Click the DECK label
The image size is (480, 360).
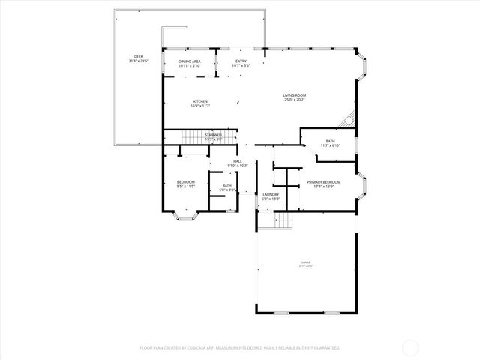139,56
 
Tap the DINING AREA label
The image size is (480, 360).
189,61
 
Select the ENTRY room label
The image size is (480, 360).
241,61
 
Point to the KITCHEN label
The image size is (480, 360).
200,101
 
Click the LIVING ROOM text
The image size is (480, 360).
294,95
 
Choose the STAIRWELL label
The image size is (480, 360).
214,135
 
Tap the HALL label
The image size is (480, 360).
237,161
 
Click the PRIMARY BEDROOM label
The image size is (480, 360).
323,182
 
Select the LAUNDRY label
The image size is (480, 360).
271,195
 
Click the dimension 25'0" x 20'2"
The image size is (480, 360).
294,100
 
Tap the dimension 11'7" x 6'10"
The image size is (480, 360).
330,145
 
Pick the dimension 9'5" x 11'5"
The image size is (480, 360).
186,187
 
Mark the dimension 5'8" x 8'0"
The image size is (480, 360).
227,190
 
